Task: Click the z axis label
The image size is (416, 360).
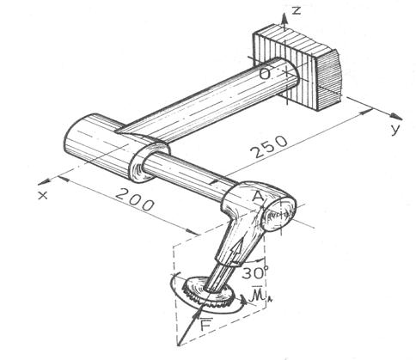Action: click(297, 10)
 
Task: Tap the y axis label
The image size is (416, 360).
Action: click(395, 129)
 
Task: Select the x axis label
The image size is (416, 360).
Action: click(43, 195)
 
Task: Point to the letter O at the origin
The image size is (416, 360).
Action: click(265, 74)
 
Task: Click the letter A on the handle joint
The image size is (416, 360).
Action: click(259, 197)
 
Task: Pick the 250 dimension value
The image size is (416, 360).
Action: click(269, 147)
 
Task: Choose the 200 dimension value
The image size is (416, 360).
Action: click(135, 199)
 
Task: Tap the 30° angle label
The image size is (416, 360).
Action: click(254, 272)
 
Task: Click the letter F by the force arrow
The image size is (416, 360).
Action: click(205, 325)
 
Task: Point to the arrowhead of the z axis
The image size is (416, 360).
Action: click(284, 18)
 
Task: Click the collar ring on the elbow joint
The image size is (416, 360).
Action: click(148, 162)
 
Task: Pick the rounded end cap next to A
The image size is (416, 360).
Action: click(278, 214)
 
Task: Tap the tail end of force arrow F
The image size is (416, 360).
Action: click(179, 345)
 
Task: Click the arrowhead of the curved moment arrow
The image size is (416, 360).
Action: click(243, 301)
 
